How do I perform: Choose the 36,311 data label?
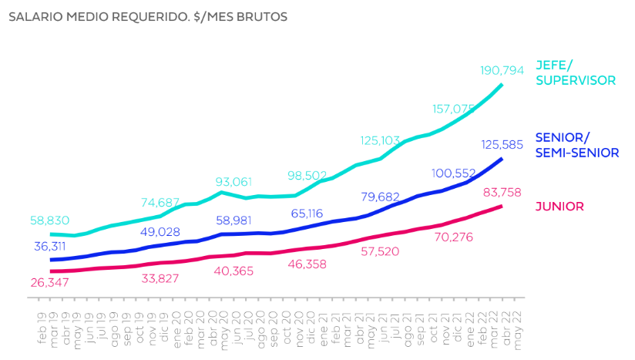[x=52, y=247]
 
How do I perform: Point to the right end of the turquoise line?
[x=502, y=84]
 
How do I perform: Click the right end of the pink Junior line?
[x=502, y=206]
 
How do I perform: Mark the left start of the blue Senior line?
[x=51, y=260]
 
